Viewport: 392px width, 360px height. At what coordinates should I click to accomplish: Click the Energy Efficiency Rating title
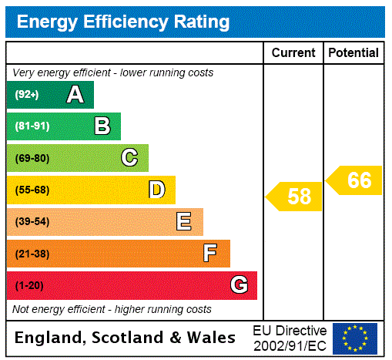coord(123,22)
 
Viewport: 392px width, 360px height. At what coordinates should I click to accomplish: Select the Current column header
coord(293,53)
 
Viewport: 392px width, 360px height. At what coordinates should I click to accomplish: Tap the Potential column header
coord(353,53)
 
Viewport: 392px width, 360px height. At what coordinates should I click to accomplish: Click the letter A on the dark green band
coord(75,95)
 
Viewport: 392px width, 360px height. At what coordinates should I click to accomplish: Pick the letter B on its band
coord(102,126)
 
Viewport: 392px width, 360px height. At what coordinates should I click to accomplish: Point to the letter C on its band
coord(129,158)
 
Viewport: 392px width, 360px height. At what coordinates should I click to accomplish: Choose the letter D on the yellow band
coord(156,190)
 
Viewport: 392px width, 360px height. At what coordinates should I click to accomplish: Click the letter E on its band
coord(184,222)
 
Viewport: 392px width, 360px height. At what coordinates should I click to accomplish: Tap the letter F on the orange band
coord(210,254)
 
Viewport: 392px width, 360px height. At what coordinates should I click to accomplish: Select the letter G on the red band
coord(239,285)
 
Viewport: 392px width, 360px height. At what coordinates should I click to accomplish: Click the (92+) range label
coord(27,95)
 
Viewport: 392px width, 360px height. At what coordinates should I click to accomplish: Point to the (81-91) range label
coord(32,126)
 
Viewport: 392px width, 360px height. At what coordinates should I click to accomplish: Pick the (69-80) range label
coord(32,158)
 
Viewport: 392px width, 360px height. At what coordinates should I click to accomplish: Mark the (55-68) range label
coord(32,190)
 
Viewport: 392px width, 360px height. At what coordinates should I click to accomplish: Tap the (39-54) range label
coord(32,222)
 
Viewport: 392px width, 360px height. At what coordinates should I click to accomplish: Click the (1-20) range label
coord(29,286)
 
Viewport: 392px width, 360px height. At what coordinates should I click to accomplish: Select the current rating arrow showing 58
coord(295,197)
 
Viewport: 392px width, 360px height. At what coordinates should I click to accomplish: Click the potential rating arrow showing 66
coord(355,180)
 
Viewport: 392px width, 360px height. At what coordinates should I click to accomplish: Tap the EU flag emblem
coord(355,338)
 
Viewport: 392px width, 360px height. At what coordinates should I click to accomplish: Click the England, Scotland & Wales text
coord(126,338)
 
